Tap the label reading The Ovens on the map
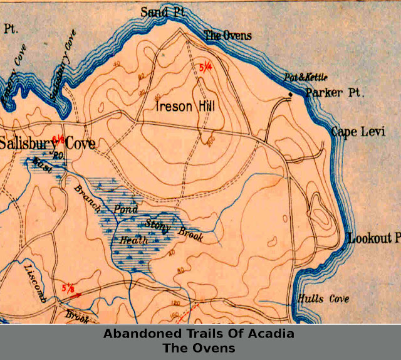click(229, 36)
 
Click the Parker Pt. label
click(335, 93)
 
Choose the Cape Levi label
click(358, 132)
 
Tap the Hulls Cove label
click(324, 299)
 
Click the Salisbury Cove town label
click(47, 144)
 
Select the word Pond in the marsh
click(125, 209)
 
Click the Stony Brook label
click(165, 228)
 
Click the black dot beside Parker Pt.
click(290, 95)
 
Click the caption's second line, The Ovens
click(199, 347)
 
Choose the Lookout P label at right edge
click(373, 239)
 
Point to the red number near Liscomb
click(71, 289)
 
